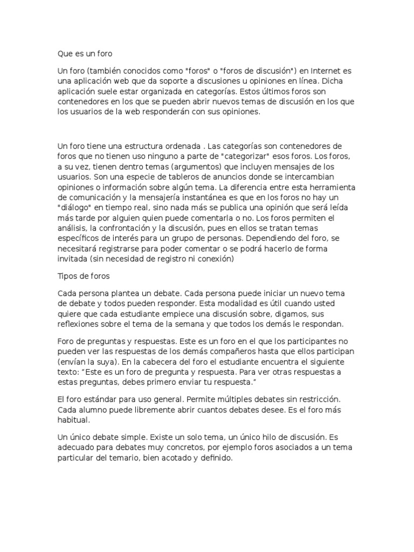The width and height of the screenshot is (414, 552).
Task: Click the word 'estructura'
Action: (156, 146)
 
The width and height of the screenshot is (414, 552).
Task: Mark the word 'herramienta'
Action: (328, 187)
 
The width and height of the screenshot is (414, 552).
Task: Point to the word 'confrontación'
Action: (130, 228)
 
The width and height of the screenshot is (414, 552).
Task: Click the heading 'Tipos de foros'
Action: (84, 276)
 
